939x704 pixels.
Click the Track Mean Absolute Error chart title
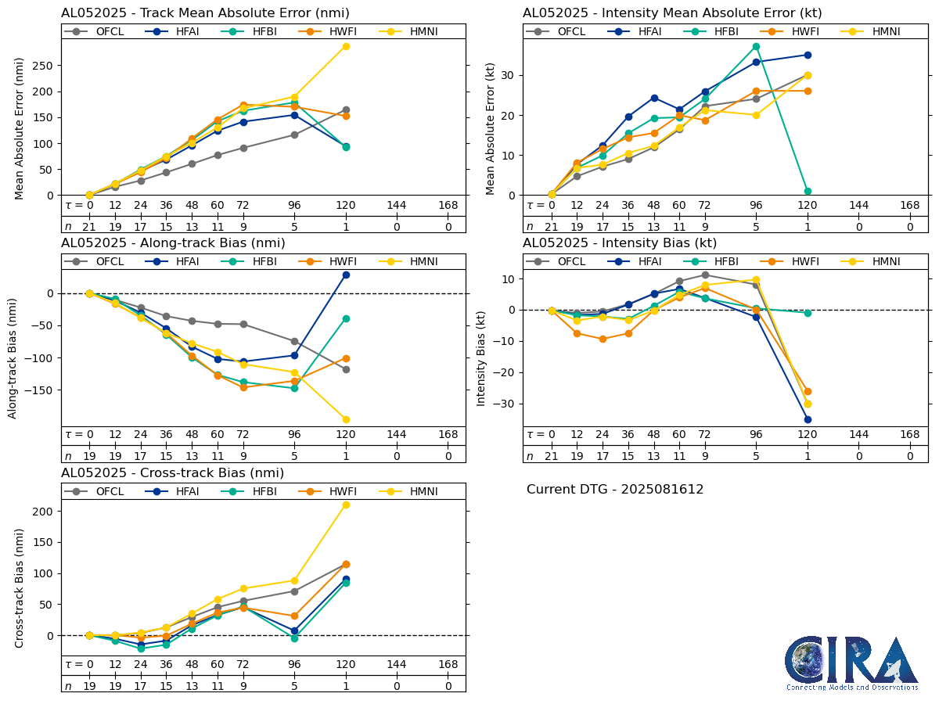pos(205,13)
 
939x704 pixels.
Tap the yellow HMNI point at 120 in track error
pos(346,46)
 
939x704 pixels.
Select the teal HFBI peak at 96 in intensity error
pos(756,46)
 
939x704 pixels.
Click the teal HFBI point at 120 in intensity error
pos(808,191)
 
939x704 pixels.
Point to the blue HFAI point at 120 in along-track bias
pos(346,275)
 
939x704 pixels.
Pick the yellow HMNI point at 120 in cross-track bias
pos(346,505)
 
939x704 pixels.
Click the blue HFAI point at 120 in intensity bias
pos(808,419)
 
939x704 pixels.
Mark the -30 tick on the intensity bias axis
pos(505,404)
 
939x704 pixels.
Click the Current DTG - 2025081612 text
pos(615,490)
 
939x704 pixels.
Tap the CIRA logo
pos(851,663)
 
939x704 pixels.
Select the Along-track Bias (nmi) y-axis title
pos(13,357)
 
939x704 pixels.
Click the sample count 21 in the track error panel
pos(89,227)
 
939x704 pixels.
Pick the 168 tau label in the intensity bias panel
pos(909,435)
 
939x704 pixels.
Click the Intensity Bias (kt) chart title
pos(620,242)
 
